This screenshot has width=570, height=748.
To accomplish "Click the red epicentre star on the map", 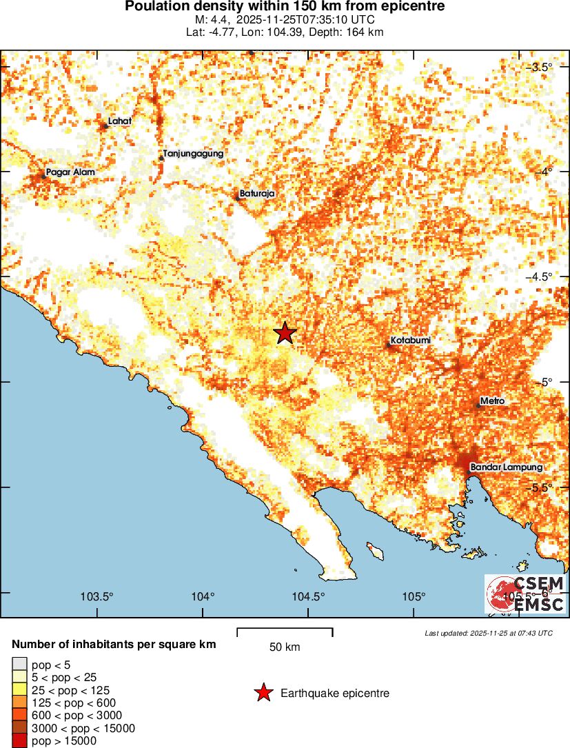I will point(285,333).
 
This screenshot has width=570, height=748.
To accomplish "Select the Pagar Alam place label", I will point(70,172).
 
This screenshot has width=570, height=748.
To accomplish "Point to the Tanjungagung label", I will point(193,154).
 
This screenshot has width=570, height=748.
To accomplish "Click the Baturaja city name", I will point(257,194).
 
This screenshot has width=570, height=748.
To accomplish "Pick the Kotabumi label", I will point(411,341).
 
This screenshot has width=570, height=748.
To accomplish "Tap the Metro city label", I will point(493,401).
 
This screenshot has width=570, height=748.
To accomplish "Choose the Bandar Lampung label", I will point(507,467).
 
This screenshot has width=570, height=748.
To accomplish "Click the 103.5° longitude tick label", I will point(97,596).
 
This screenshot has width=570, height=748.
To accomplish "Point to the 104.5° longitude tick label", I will point(308,596).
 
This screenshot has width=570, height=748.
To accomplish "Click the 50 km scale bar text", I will point(285,647).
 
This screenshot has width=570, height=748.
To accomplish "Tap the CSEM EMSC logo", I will point(525,594).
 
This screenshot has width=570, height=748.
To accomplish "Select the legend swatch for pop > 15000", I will point(19,741).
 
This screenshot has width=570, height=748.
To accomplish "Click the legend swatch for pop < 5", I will point(19,665).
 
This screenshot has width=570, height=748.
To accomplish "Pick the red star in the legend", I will point(263,693).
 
